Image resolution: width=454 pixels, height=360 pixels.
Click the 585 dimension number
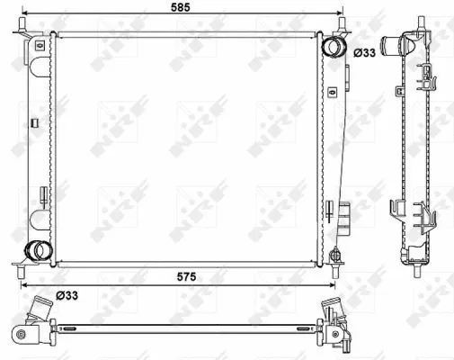[181, 7]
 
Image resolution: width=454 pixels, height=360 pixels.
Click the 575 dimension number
[186, 276]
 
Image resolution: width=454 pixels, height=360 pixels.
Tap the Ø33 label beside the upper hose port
[364, 53]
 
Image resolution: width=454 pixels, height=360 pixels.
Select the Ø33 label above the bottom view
[67, 295]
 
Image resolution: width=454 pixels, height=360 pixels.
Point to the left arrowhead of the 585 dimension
[25, 13]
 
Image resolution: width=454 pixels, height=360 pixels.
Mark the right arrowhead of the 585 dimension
[339, 13]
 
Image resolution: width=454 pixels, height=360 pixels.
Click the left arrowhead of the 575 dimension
[23, 284]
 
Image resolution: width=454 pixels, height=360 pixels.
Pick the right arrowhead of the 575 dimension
[332, 284]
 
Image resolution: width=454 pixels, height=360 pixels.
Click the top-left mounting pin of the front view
[22, 23]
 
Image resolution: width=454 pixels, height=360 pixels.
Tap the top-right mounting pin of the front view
[343, 23]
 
